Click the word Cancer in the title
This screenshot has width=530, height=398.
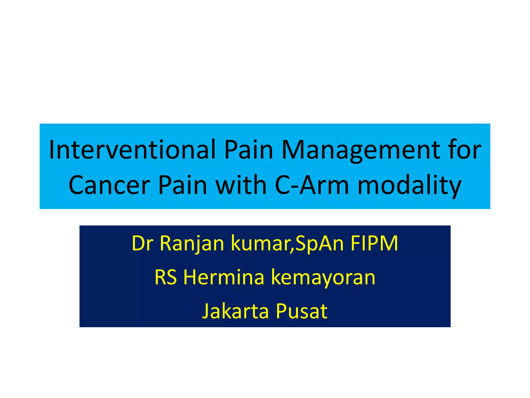(109, 185)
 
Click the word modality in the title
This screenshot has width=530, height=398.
(409, 185)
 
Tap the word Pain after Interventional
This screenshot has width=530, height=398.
(249, 150)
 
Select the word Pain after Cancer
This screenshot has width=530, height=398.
(182, 185)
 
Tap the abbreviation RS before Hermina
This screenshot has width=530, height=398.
(166, 277)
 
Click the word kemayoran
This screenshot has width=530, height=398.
(323, 277)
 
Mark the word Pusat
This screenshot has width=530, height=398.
(301, 311)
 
